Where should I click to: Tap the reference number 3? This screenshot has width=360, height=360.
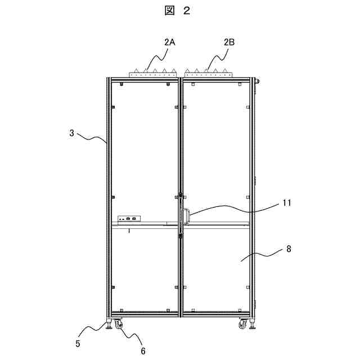71,133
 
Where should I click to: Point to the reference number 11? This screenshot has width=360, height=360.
287,203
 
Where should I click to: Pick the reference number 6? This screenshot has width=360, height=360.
143,350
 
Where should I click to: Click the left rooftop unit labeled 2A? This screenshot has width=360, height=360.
153,73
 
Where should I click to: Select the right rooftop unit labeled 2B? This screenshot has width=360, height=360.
208,73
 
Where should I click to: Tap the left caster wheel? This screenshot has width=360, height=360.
118,325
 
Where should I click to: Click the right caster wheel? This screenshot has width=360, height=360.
243,325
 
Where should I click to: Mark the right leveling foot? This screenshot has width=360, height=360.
255,325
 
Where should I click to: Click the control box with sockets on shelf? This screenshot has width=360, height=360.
129,219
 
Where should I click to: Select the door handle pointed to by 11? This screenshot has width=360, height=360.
185,217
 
